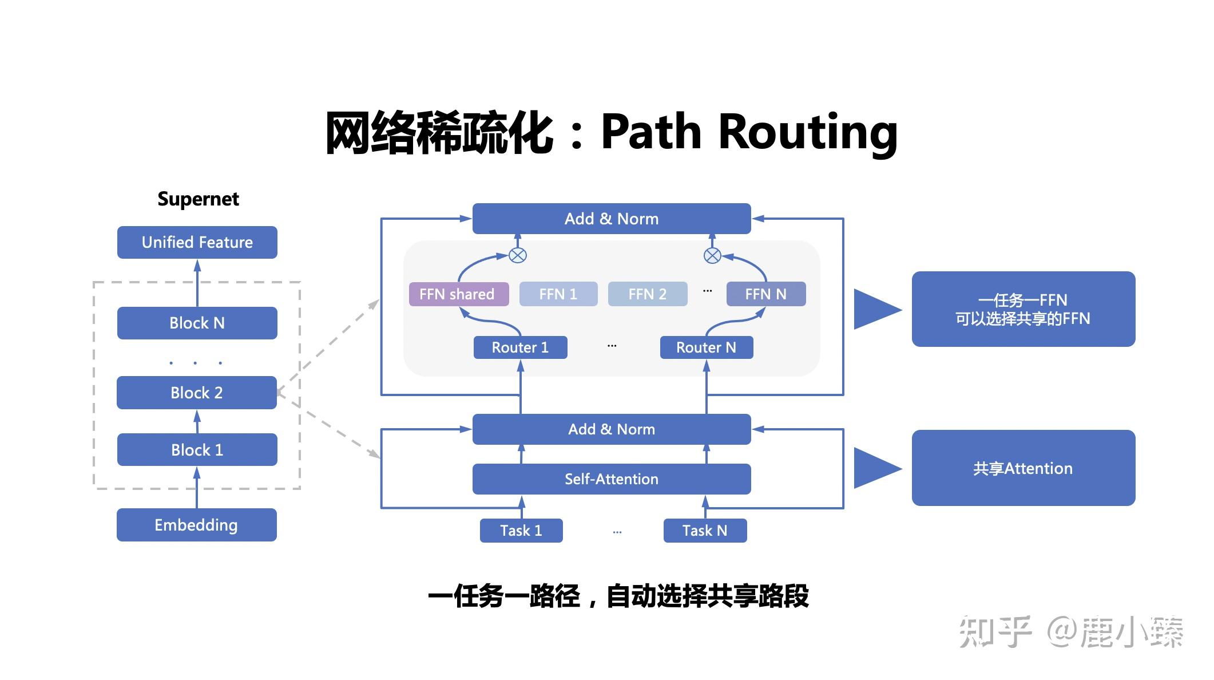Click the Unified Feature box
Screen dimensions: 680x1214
(197, 242)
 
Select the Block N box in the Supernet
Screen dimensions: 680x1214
(197, 323)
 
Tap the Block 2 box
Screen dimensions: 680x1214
(197, 393)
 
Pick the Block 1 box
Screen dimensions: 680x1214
(197, 450)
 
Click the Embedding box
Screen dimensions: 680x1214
(197, 525)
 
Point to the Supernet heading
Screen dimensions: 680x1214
(198, 199)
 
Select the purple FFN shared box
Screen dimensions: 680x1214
(458, 294)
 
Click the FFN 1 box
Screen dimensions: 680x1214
(558, 294)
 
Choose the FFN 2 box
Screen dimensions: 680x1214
(648, 294)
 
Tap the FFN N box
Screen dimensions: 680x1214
(766, 294)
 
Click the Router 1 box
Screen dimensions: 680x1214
(521, 347)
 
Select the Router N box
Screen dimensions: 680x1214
(707, 347)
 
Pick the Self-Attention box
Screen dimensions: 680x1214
(612, 479)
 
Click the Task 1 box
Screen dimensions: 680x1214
(521, 531)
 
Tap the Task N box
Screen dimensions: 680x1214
(705, 531)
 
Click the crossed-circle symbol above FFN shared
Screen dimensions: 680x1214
(518, 255)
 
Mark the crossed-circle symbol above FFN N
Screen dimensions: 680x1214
(712, 255)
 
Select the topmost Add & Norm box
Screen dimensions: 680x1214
(612, 219)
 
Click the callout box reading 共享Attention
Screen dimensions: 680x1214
(1023, 468)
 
